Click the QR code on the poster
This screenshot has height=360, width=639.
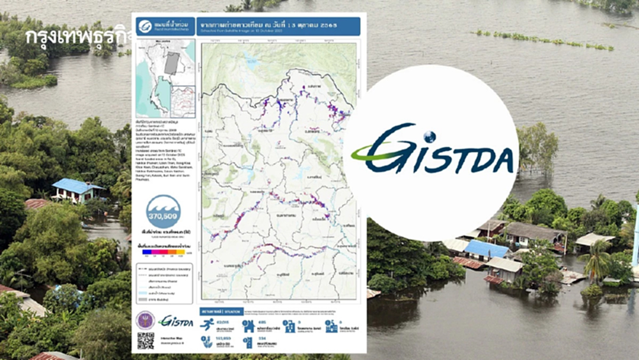[146, 341]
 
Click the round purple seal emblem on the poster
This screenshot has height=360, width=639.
[145, 320]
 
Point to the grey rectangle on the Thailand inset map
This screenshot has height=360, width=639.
[171, 63]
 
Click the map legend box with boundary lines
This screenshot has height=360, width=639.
[162, 282]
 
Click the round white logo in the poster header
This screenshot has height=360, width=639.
[145, 26]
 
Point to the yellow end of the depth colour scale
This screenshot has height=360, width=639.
[181, 252]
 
